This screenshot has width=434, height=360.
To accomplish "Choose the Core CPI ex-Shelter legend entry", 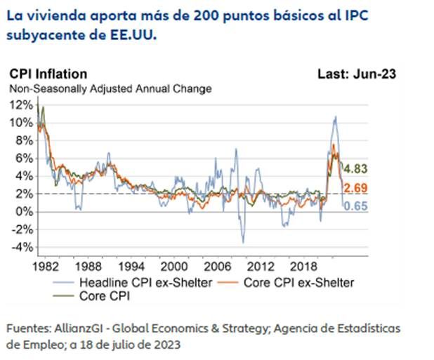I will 295,282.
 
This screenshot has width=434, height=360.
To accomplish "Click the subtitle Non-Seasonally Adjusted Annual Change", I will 110,89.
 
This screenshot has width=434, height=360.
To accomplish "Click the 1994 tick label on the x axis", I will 131,267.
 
